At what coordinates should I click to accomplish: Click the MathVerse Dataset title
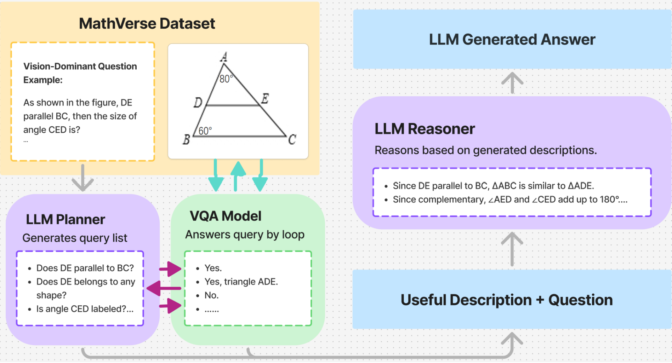click(147, 24)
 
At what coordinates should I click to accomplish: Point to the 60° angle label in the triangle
click(205, 131)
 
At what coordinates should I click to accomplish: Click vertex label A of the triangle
click(224, 57)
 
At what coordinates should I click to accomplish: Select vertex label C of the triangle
click(292, 140)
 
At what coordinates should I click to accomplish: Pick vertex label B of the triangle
click(186, 140)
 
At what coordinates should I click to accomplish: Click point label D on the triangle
click(198, 103)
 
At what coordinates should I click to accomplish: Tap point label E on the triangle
click(265, 99)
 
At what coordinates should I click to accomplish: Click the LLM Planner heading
click(66, 220)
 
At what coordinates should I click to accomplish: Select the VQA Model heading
click(226, 216)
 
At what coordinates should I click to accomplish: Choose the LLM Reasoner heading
click(425, 129)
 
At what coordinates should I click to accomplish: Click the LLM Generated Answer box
click(512, 39)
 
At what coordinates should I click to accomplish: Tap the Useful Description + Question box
click(507, 300)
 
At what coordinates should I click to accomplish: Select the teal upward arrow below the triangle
click(238, 176)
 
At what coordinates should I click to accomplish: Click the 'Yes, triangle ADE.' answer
click(241, 282)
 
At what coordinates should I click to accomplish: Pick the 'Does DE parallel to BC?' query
click(85, 268)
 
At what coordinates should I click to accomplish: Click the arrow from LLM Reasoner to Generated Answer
click(512, 83)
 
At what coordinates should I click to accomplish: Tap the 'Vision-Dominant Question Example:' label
click(80, 73)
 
